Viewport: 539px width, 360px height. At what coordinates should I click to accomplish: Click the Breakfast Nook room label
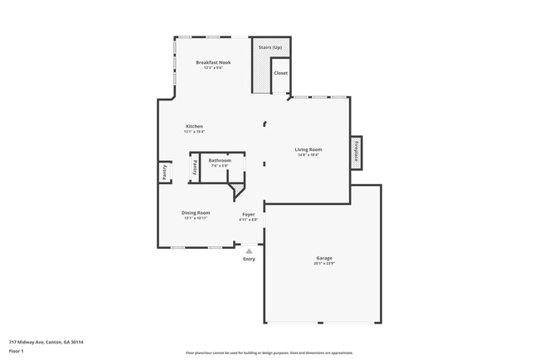pyautogui.click(x=213, y=62)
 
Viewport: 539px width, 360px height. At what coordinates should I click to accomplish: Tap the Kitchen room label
pyautogui.click(x=194, y=126)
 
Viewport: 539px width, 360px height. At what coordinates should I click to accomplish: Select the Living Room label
pyautogui.click(x=308, y=149)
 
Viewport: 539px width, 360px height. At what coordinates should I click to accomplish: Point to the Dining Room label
pyautogui.click(x=196, y=212)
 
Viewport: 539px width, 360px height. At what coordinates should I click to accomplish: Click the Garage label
pyautogui.click(x=323, y=257)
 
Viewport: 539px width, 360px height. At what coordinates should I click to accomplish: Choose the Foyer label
pyautogui.click(x=248, y=214)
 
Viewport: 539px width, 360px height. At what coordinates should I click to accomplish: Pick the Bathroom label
pyautogui.click(x=220, y=159)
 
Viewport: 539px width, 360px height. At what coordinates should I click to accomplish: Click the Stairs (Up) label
pyautogui.click(x=271, y=48)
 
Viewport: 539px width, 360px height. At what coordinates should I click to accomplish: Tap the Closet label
pyautogui.click(x=281, y=72)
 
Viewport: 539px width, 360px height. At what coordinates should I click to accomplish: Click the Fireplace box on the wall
pyautogui.click(x=356, y=153)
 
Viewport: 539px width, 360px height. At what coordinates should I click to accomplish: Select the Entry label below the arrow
pyautogui.click(x=249, y=259)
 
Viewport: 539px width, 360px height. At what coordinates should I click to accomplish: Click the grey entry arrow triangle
pyautogui.click(x=249, y=250)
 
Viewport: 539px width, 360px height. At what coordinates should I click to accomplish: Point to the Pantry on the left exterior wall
pyautogui.click(x=164, y=172)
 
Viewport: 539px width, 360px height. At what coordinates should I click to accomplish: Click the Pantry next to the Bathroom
pyautogui.click(x=196, y=165)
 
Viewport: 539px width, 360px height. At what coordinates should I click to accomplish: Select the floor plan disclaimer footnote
pyautogui.click(x=269, y=353)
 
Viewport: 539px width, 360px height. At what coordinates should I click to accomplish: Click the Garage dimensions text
pyautogui.click(x=323, y=263)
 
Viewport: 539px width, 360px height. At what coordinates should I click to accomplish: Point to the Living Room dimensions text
pyautogui.click(x=308, y=155)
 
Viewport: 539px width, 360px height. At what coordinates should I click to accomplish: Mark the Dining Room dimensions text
pyautogui.click(x=196, y=218)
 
